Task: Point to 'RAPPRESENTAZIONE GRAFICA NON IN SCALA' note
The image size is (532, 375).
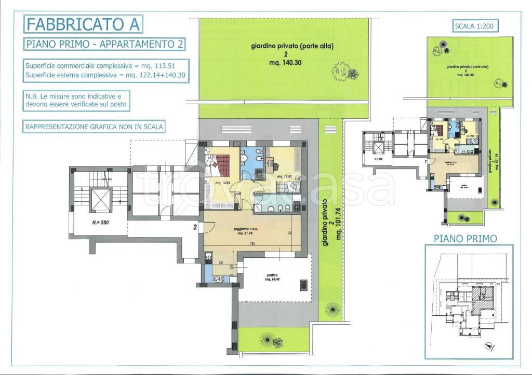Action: [x=94, y=127]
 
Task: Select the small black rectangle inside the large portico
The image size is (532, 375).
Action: [x=303, y=285]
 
